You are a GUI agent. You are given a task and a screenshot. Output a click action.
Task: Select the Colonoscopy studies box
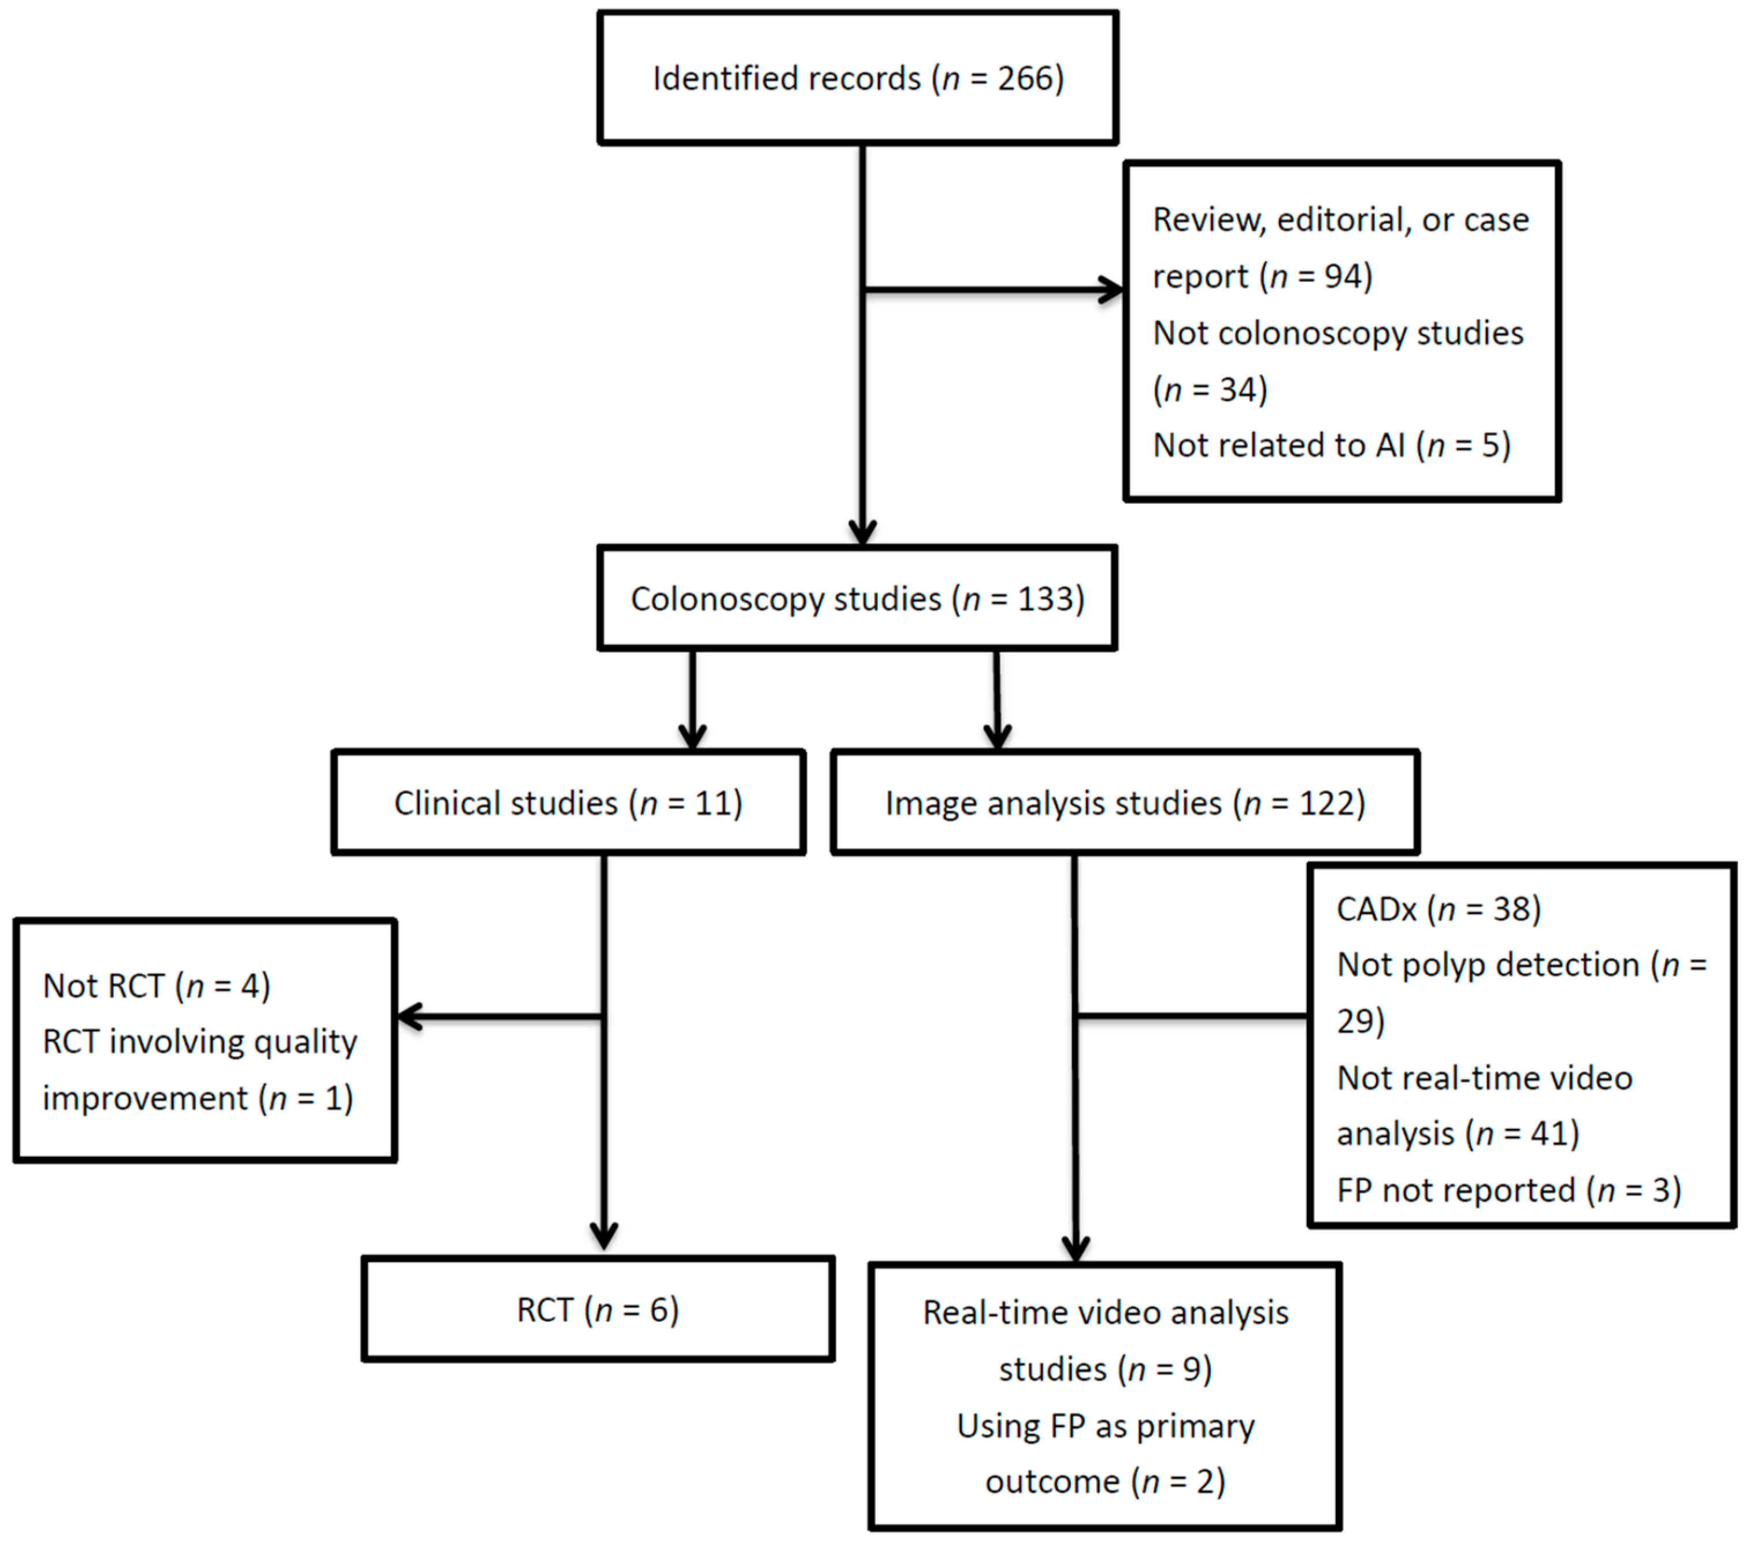point(857,599)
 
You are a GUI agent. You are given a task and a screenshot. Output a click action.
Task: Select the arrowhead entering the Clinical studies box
point(692,736)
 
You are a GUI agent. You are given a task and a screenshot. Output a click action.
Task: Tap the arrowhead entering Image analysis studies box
point(998,736)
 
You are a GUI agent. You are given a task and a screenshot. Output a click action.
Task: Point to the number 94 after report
point(1343,277)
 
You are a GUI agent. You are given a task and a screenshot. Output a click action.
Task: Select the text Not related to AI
point(1278,445)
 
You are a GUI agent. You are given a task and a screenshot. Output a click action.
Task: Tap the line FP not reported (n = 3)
point(1508,1190)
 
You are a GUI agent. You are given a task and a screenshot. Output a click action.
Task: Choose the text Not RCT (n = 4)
point(157,986)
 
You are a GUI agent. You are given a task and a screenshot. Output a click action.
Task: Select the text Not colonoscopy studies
point(1337,333)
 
